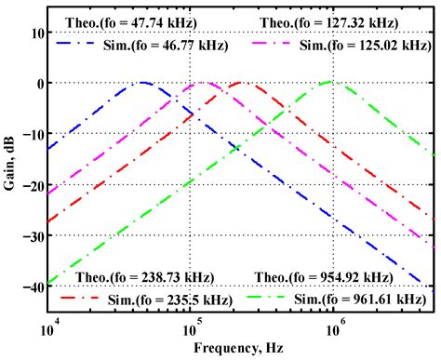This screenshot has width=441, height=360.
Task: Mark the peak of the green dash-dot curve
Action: (x=330, y=82)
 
